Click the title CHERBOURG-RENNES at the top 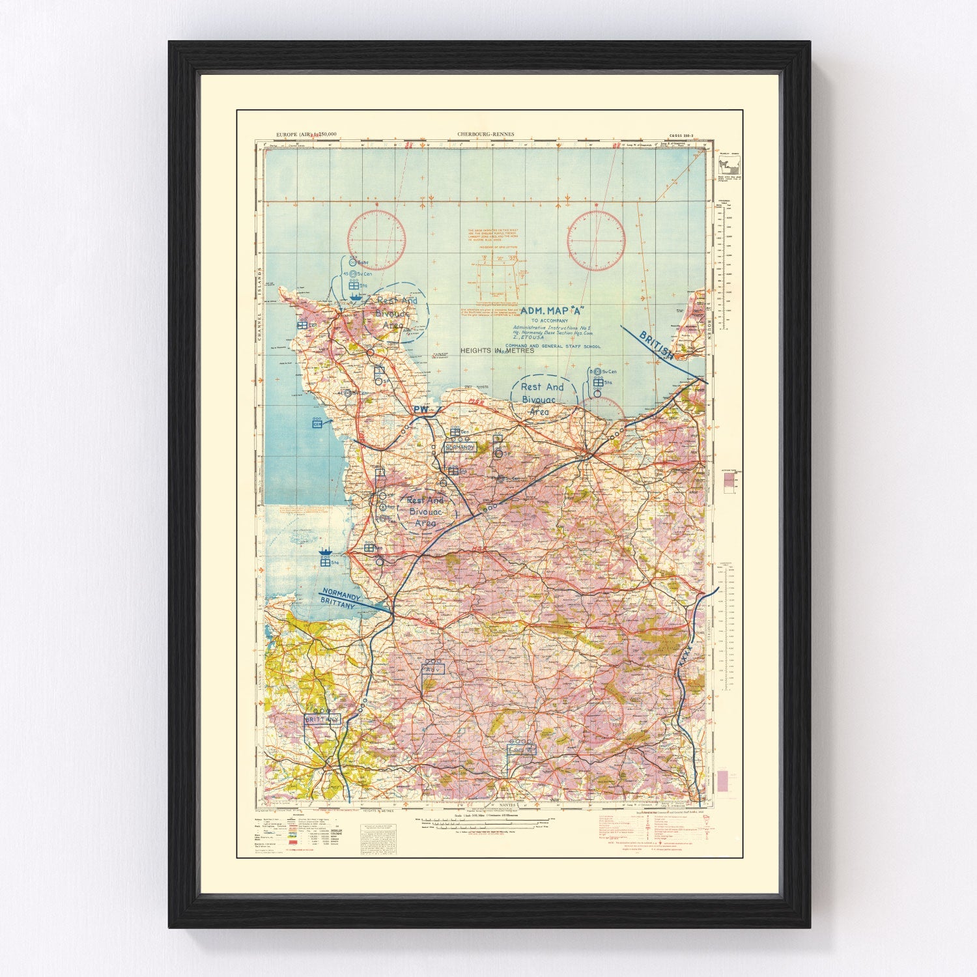click(485, 134)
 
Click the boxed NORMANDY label click(460, 447)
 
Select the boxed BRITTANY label click(322, 719)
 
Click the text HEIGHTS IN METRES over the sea click(497, 350)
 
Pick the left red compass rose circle click(376, 238)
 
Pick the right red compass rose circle click(596, 238)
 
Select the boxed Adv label click(433, 669)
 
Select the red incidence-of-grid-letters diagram click(498, 277)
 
